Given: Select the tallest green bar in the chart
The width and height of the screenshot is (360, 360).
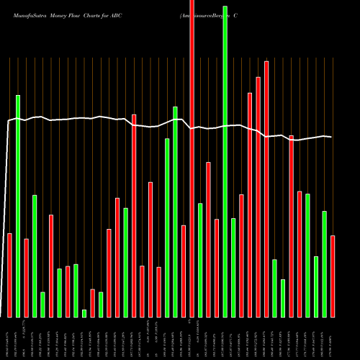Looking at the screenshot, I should click(225, 162).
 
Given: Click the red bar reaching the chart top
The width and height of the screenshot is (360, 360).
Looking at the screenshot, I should click(192, 158).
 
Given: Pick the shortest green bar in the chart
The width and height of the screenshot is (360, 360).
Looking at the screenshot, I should click(84, 313).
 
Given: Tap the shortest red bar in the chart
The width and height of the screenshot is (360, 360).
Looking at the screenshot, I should click(93, 303).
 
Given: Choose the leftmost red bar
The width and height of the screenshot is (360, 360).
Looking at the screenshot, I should click(9, 275).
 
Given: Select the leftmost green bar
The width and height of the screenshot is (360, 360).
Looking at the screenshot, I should click(18, 206).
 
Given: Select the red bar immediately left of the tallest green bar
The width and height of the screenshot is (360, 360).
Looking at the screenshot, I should click(217, 268).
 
